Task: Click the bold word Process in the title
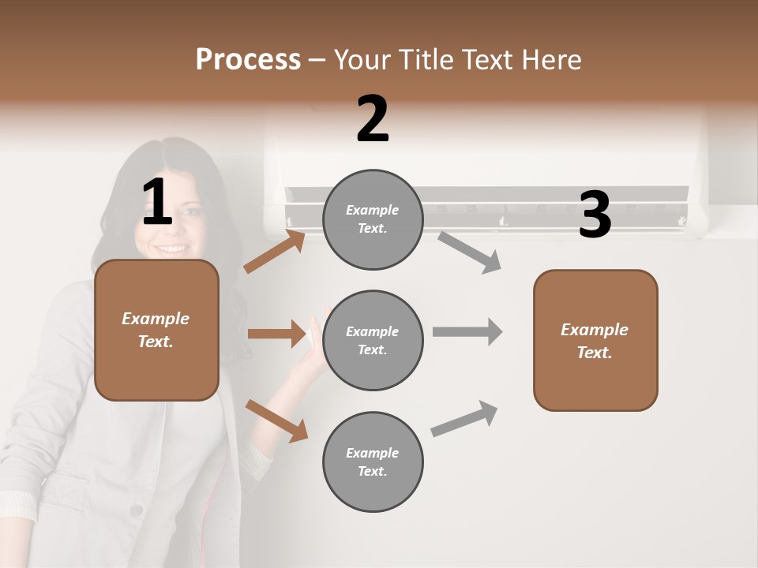click(x=248, y=60)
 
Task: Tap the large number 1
click(x=157, y=203)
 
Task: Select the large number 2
click(x=373, y=119)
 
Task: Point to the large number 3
click(x=595, y=215)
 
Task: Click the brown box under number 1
click(x=156, y=330)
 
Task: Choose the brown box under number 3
click(x=595, y=340)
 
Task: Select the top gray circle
click(x=373, y=219)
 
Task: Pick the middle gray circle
click(x=373, y=340)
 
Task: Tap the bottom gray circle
click(x=373, y=461)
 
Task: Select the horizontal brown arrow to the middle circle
click(x=276, y=334)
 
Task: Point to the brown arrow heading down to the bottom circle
click(x=276, y=420)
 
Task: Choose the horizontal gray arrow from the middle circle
click(x=467, y=331)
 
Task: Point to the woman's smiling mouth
click(x=172, y=249)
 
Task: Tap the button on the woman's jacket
click(x=136, y=511)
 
